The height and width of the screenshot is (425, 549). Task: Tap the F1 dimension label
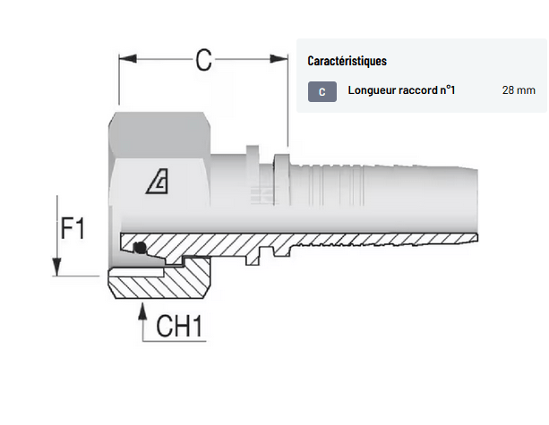click(x=73, y=229)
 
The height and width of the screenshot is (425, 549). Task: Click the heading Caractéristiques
click(x=347, y=62)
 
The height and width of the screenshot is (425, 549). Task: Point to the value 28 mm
click(x=519, y=90)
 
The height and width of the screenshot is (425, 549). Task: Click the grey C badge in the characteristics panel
click(x=322, y=91)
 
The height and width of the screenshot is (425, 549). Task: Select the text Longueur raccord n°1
click(x=401, y=90)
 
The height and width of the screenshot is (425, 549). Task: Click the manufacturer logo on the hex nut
click(x=160, y=183)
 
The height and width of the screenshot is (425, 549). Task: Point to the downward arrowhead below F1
click(x=57, y=268)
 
